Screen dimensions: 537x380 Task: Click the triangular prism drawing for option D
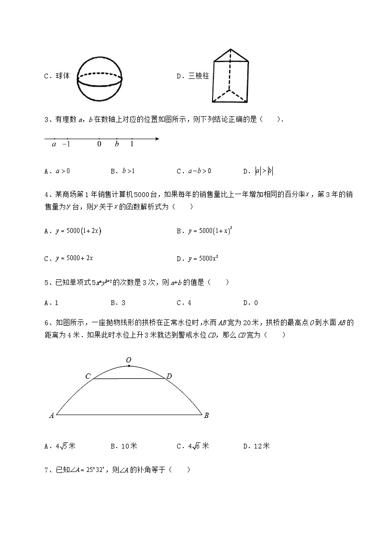pos(231,77)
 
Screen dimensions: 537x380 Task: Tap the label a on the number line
pos(54,144)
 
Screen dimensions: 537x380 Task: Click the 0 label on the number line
pos(99,144)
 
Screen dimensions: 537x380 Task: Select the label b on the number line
pos(117,144)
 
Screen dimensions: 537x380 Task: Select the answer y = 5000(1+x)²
pos(210,231)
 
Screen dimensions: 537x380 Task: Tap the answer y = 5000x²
pos(203,258)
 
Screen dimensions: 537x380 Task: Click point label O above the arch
pos(128,360)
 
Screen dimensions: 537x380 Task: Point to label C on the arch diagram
pos(88,377)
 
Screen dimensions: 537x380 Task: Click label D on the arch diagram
pos(169,377)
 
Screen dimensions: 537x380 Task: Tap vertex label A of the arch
pos(51,416)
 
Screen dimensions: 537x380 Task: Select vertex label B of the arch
pos(206,416)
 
